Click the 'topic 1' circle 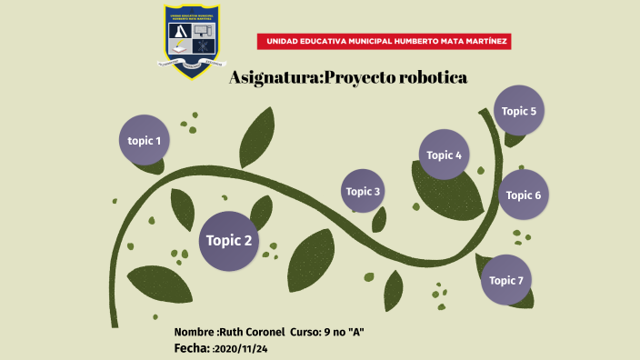pyautogui.click(x=145, y=141)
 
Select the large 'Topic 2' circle pyautogui.click(x=229, y=241)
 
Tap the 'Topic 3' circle pyautogui.click(x=363, y=191)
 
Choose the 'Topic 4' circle pyautogui.click(x=445, y=155)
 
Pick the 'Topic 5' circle pyautogui.click(x=519, y=111)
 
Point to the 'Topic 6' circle pyautogui.click(x=524, y=195)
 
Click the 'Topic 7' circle pyautogui.click(x=506, y=280)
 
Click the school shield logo pyautogui.click(x=192, y=39)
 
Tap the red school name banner pyautogui.click(x=384, y=41)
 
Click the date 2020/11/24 pyautogui.click(x=241, y=348)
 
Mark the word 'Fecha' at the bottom pyautogui.click(x=191, y=348)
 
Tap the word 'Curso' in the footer pyautogui.click(x=305, y=332)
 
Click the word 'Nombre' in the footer pyautogui.click(x=195, y=332)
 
